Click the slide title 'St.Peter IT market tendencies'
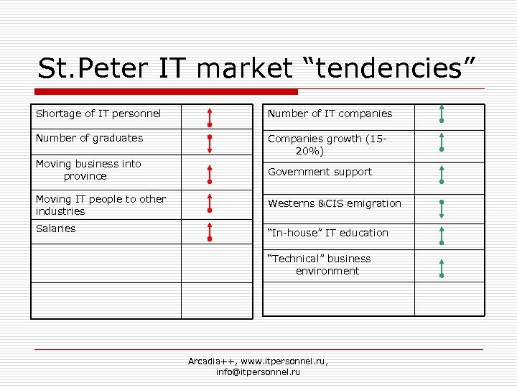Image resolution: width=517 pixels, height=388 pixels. point(256,69)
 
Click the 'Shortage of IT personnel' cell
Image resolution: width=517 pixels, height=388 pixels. point(98,114)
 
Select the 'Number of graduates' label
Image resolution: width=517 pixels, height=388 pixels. point(89,138)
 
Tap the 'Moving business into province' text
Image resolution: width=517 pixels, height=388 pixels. point(88,170)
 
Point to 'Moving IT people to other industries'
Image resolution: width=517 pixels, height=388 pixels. point(101,205)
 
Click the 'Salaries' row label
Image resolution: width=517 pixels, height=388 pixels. point(55,228)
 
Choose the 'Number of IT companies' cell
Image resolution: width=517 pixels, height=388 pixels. point(330,114)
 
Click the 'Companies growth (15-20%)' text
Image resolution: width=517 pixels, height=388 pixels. point(327,144)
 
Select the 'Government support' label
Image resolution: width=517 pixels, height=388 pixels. point(320,172)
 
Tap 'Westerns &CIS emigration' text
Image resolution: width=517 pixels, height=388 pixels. point(335,203)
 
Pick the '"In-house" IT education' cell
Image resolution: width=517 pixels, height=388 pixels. point(327,233)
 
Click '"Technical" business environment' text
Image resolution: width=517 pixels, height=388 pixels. point(320,264)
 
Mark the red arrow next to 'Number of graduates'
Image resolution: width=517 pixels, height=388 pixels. point(209,143)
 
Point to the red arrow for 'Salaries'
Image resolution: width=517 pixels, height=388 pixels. point(209,231)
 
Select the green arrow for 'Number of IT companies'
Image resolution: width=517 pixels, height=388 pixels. point(442,114)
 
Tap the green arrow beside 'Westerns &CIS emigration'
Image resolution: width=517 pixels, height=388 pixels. point(442,208)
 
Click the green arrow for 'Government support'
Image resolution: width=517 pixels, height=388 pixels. point(442,175)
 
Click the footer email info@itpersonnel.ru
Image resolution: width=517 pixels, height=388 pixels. point(258,372)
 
